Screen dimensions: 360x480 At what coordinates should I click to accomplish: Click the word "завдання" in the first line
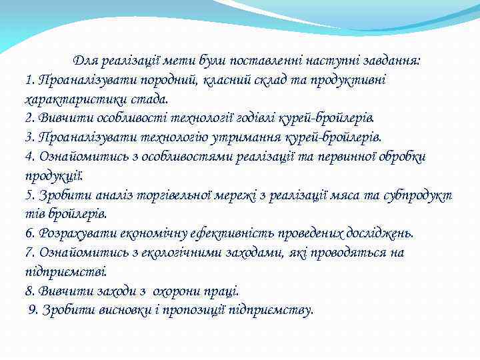tap(394, 61)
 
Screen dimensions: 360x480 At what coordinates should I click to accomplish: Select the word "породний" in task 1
tap(169, 80)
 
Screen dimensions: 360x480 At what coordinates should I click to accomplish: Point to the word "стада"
tap(151, 99)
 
